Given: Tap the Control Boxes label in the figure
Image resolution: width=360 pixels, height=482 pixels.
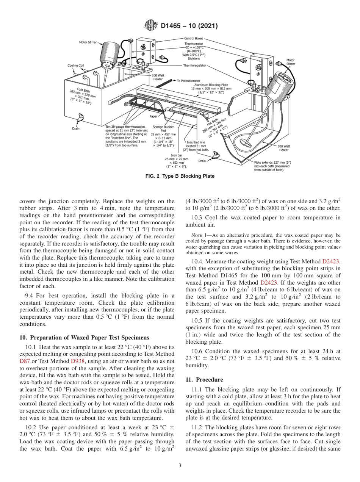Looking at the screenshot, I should [x=194, y=38].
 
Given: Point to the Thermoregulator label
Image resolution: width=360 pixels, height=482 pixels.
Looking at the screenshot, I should [x=194, y=65].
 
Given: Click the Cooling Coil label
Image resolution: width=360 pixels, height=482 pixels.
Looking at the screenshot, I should [x=75, y=66].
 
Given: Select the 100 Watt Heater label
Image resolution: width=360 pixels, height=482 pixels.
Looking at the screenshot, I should [x=158, y=77].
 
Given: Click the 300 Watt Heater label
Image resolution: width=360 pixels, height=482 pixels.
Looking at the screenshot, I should [x=283, y=148].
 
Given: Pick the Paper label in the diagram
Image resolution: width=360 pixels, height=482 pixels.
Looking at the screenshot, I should [x=153, y=116].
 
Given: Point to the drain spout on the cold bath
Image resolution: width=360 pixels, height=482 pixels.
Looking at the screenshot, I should [x=80, y=120].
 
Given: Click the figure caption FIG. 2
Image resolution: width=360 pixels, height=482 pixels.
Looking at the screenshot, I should [x=180, y=176].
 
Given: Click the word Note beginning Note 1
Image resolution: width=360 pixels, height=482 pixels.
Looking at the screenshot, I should [x=197, y=235].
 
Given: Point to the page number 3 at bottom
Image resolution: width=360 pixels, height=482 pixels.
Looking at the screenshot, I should [x=180, y=466].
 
